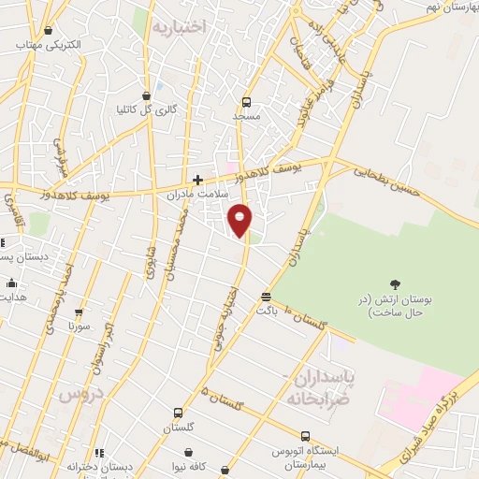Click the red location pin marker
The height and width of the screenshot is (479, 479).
point(240,219)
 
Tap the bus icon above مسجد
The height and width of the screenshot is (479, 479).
point(246,103)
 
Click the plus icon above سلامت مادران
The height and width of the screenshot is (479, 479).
point(197,179)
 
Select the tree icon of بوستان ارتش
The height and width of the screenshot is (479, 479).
point(395,283)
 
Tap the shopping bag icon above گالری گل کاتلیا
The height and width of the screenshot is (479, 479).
point(146,95)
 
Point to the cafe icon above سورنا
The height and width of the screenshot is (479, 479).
point(79,313)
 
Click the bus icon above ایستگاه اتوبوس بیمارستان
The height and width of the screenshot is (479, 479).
point(306,435)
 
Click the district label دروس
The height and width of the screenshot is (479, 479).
point(79,394)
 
